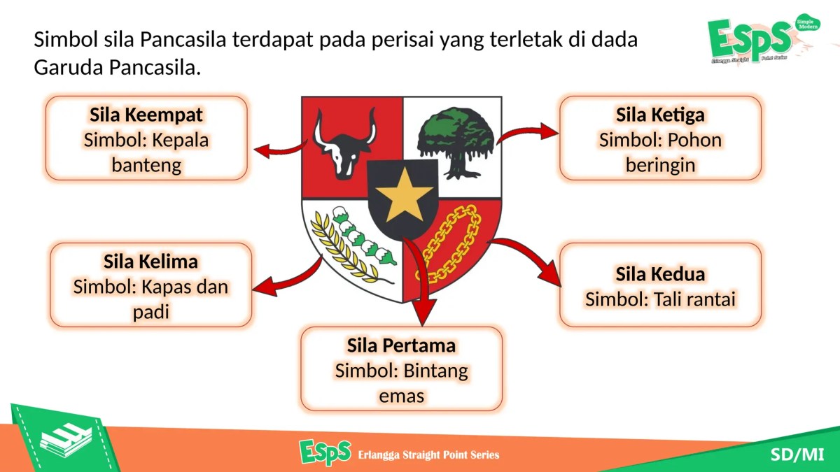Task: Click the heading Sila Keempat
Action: click(146, 114)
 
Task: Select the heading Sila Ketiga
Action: click(659, 114)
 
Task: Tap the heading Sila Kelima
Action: click(150, 262)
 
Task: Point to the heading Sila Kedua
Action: click(659, 273)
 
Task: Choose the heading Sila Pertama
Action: click(401, 345)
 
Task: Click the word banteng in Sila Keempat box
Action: click(146, 165)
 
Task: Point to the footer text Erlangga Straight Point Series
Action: click(428, 455)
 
